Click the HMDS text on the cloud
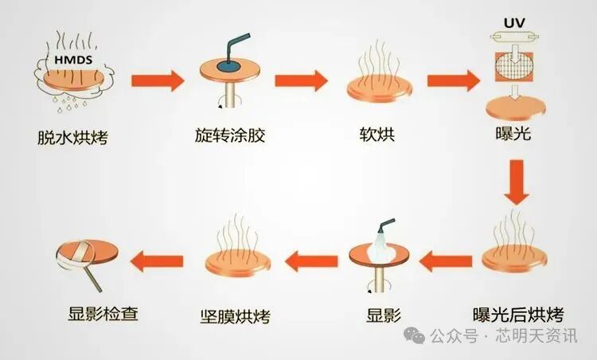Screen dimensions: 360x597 (x=73, y=61)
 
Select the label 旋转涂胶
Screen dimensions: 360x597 (x=229, y=135)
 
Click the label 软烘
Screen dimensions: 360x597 (x=377, y=135)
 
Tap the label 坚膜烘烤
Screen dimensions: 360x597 (x=236, y=315)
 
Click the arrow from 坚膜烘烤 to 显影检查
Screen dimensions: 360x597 (x=157, y=258)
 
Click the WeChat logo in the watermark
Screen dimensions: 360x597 (x=415, y=337)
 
